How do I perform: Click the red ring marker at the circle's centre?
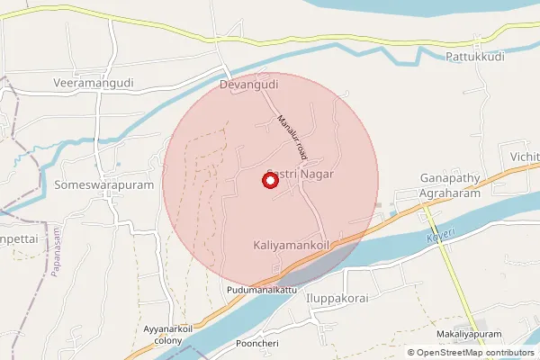point(269,180)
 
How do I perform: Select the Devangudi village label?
point(248,85)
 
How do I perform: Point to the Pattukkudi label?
point(474,56)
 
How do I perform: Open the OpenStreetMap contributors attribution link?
point(477,353)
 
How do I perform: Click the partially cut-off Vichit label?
point(524,157)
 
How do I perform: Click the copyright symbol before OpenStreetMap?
point(411,353)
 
